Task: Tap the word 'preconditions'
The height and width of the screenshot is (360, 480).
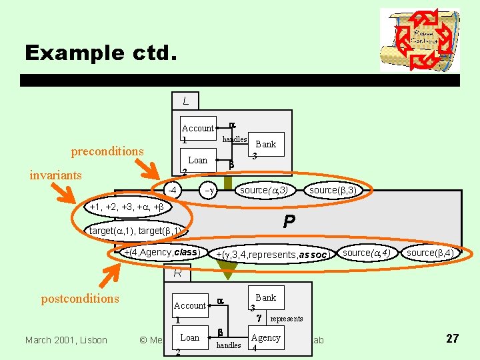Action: click(x=107, y=151)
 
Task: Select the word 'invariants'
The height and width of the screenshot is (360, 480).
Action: click(x=55, y=175)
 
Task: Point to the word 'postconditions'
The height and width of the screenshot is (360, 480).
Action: click(x=80, y=299)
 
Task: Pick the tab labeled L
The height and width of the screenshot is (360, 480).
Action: click(x=185, y=101)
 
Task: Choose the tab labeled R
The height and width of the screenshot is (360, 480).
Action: click(x=177, y=273)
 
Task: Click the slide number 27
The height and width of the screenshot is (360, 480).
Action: click(x=452, y=339)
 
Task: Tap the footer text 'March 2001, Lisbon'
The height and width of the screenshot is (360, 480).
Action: click(x=65, y=340)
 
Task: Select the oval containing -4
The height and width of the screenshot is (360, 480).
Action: click(x=172, y=190)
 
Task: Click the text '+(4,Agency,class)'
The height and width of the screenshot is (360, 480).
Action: click(x=161, y=253)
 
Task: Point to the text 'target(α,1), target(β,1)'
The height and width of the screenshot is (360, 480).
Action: click(x=135, y=231)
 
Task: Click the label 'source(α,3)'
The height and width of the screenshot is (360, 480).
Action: click(x=263, y=191)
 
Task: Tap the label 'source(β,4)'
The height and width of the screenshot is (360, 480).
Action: click(x=430, y=253)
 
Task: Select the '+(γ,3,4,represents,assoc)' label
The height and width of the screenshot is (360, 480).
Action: click(x=271, y=255)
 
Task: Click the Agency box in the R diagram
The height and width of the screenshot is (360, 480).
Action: click(x=265, y=339)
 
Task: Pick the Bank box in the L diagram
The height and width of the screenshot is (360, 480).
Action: click(x=265, y=145)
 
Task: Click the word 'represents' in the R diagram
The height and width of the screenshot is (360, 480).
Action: click(x=286, y=319)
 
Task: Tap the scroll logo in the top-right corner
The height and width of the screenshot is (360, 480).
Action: click(x=419, y=39)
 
